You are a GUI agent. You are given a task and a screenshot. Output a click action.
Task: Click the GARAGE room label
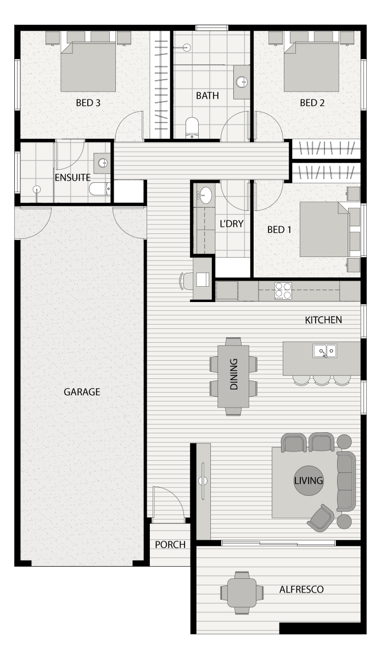pos(82,392)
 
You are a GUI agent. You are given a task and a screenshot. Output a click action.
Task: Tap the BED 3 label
pos(88,103)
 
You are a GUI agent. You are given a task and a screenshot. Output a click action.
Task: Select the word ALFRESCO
pos(301,589)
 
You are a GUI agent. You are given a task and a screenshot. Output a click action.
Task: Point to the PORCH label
pos(170,545)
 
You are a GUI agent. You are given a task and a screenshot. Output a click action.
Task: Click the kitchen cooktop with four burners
pos(283,291)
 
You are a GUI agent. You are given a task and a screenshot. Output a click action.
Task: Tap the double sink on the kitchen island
pos(325,351)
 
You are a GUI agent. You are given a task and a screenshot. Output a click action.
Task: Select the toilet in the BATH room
pos(192,127)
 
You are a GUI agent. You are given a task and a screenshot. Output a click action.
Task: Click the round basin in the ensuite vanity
pos(103,163)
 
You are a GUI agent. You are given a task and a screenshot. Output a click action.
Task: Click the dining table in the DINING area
pos(233,376)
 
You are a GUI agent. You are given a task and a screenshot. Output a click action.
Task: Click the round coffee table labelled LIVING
pos(309,481)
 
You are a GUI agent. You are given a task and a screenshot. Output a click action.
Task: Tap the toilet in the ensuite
pos(100,189)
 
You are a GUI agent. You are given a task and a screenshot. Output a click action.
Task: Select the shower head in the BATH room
pos(187,47)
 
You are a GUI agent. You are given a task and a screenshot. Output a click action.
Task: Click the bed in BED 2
pos(311,66)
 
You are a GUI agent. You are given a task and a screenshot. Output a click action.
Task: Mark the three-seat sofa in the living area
pos(346,481)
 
